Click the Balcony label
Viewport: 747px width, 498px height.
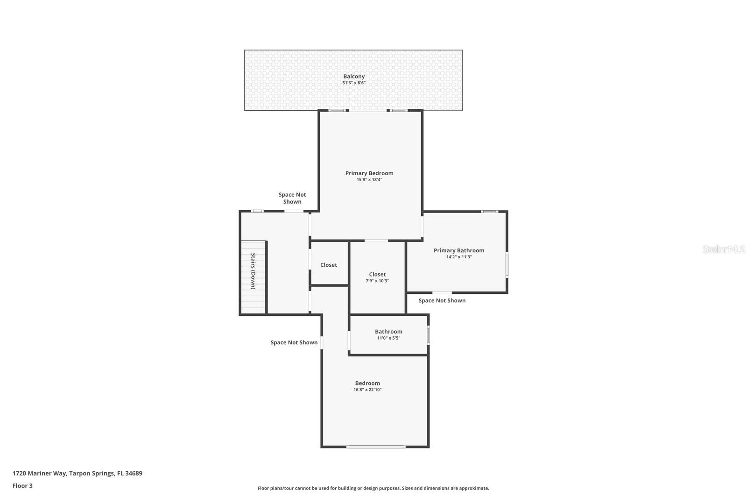(354, 77)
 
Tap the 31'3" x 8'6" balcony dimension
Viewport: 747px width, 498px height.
(354, 83)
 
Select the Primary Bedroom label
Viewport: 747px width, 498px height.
(369, 173)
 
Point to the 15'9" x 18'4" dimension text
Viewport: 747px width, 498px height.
(369, 180)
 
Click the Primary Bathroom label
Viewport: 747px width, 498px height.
(459, 250)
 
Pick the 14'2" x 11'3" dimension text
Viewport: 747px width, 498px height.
(459, 257)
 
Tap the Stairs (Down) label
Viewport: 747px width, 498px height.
(253, 271)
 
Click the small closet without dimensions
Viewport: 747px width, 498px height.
(329, 265)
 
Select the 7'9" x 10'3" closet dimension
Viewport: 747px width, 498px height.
(377, 281)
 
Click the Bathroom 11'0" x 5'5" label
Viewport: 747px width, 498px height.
(388, 332)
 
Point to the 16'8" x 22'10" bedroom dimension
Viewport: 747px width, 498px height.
(367, 390)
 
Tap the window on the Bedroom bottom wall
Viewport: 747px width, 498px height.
(375, 447)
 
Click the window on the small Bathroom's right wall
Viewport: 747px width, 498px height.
(428, 335)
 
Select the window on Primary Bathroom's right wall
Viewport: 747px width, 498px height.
(507, 265)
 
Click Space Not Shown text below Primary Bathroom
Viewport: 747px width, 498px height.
(442, 300)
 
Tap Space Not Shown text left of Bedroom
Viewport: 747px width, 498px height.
(294, 342)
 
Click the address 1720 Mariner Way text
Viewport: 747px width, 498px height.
(78, 473)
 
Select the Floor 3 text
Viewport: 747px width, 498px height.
(22, 486)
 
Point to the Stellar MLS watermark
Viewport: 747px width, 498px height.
(724, 249)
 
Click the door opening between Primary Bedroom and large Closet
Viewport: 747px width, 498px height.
(376, 241)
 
